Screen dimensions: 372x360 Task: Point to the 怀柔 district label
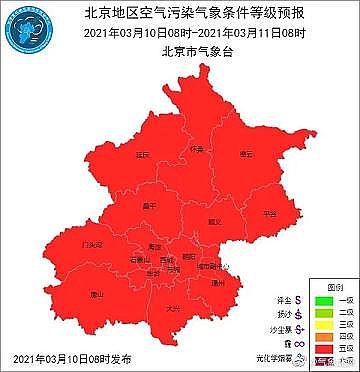pyautogui.click(x=197, y=149)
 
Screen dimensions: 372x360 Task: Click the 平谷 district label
pyautogui.click(x=269, y=214)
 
